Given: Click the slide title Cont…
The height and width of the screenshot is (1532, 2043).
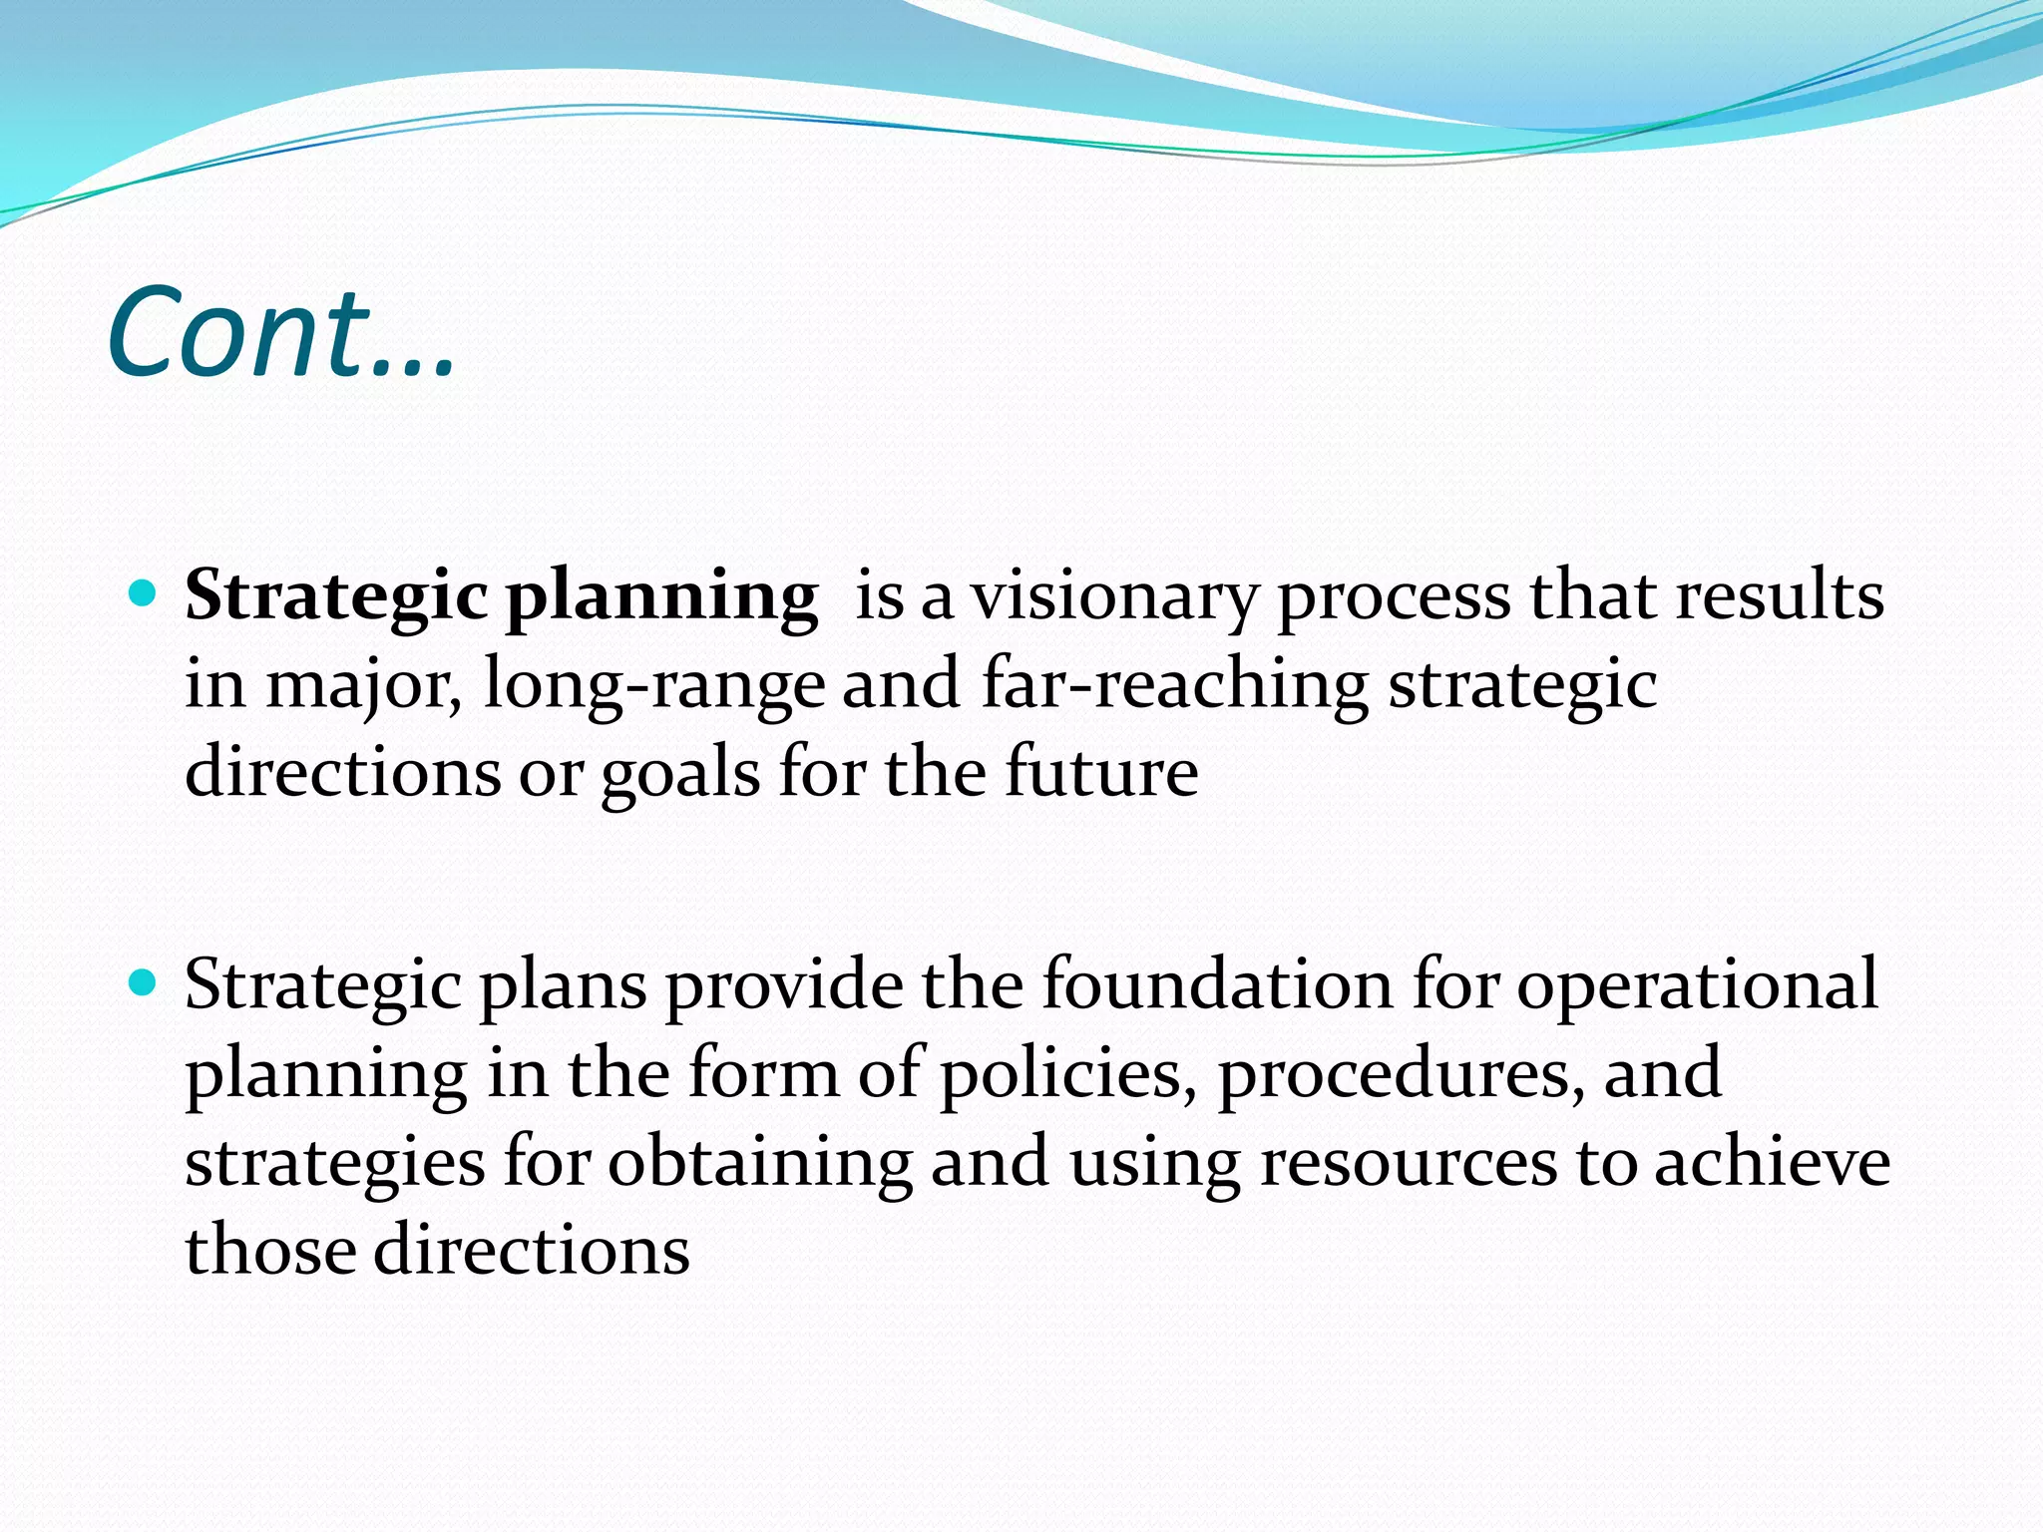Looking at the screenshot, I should tap(281, 332).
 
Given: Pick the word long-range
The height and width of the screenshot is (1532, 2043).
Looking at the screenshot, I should tap(654, 687).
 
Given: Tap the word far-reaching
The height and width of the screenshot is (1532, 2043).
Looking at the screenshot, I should tap(1175, 685).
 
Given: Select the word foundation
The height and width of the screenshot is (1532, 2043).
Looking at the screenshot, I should tap(1217, 985).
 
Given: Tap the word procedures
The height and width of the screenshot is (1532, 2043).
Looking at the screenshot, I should tap(1401, 1075).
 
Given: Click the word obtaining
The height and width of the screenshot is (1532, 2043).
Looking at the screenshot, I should tap(760, 1164).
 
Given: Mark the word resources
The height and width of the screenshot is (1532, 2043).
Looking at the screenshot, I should tap(1408, 1164).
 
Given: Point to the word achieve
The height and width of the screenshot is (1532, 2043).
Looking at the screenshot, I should tap(1772, 1162).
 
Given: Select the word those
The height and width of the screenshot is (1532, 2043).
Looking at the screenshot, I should tap(270, 1251).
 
